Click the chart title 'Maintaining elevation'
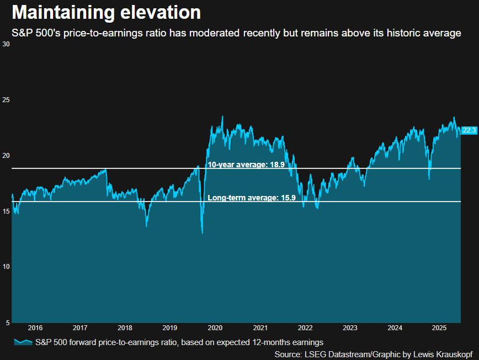click(x=106, y=12)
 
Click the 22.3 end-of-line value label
click(x=469, y=130)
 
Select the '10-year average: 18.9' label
click(x=246, y=165)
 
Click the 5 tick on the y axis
click(x=7, y=322)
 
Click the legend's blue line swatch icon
click(x=23, y=342)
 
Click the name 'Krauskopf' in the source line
click(x=455, y=353)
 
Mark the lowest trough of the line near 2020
click(x=203, y=233)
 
